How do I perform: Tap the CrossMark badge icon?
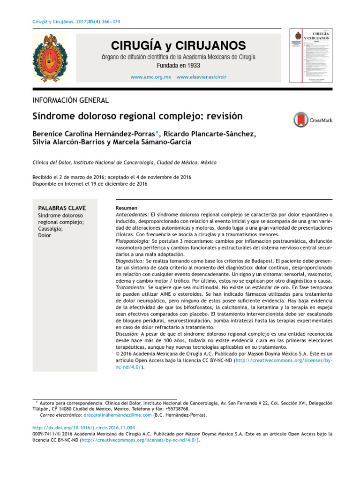coord(313,120)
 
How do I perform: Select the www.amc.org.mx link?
coord(150,76)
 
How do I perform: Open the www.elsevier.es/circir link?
coord(202,76)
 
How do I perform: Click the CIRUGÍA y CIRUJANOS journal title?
coord(178,45)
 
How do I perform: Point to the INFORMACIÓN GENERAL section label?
coord(70,100)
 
